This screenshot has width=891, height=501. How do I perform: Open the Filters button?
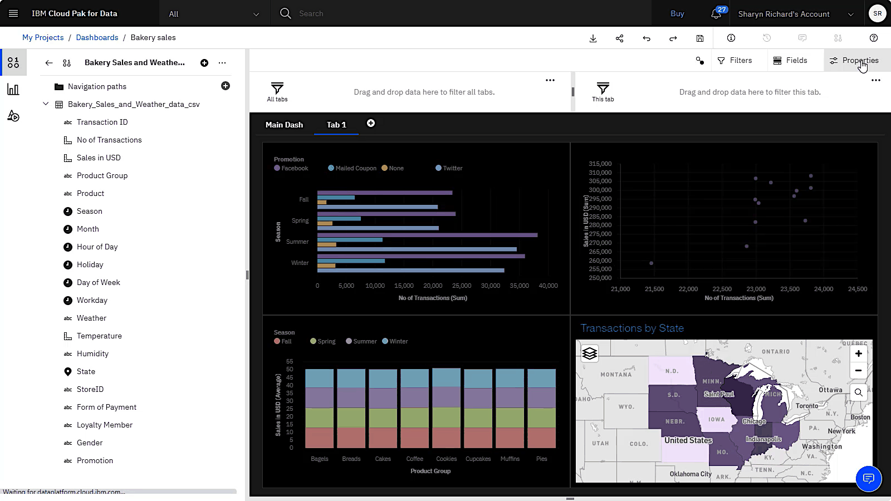pyautogui.click(x=735, y=60)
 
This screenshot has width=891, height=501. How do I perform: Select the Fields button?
pyautogui.click(x=790, y=60)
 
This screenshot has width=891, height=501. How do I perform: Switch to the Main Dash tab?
pyautogui.click(x=284, y=125)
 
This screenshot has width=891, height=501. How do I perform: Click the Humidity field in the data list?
pyautogui.click(x=92, y=353)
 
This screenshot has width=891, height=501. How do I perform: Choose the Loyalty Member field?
pyautogui.click(x=104, y=425)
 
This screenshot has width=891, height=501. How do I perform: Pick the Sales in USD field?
pyautogui.click(x=99, y=158)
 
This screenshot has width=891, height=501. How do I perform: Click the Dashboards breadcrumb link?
pyautogui.click(x=97, y=37)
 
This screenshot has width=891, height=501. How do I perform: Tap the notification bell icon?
pyautogui.click(x=716, y=14)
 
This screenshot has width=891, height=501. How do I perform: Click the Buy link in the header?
pyautogui.click(x=677, y=13)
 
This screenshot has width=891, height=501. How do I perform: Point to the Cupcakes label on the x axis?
pyautogui.click(x=478, y=459)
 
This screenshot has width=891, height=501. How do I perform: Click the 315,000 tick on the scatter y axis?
pyautogui.click(x=600, y=164)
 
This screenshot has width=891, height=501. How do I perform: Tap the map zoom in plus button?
pyautogui.click(x=858, y=353)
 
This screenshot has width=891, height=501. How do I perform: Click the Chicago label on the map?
pyautogui.click(x=754, y=421)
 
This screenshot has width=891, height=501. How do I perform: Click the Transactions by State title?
pyautogui.click(x=632, y=328)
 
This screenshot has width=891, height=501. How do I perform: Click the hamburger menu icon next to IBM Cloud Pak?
pyautogui.click(x=13, y=13)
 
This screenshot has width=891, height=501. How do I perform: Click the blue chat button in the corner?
pyautogui.click(x=868, y=478)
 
